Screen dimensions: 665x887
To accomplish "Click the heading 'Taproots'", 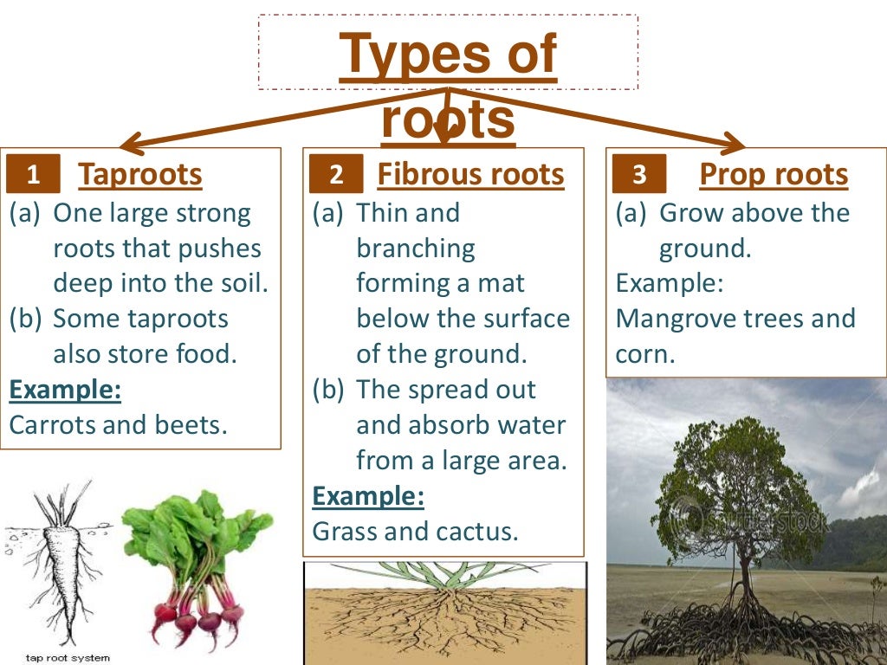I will click(140, 175).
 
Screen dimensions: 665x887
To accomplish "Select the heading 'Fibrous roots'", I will click(470, 175).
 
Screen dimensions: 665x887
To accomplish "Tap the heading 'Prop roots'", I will click(774, 175).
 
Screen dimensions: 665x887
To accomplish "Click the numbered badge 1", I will click(34, 176).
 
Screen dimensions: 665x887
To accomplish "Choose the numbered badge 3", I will click(639, 176).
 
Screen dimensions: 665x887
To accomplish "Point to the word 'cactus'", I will click(478, 531).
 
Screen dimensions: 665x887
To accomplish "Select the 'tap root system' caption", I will click(68, 658).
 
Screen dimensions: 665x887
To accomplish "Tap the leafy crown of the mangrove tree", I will click(736, 485).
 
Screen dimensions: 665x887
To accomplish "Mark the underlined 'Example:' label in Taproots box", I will click(65, 390).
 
